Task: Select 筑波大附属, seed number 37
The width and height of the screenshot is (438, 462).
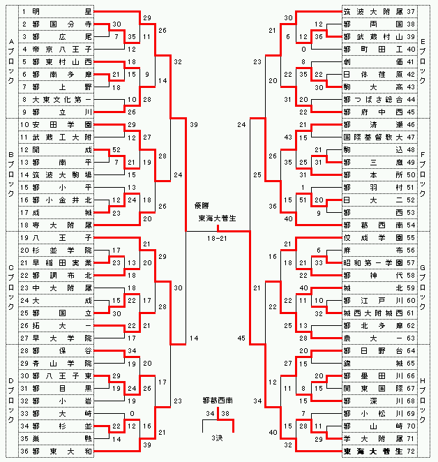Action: (375, 12)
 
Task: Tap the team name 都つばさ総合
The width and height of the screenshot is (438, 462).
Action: (375, 100)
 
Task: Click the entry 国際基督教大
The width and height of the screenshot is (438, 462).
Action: (375, 137)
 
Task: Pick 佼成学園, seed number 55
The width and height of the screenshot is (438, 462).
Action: (375, 238)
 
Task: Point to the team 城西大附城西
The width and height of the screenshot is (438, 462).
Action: (375, 312)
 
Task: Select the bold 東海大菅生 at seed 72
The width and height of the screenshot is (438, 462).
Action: (375, 452)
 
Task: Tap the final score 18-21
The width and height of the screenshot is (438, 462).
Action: (216, 238)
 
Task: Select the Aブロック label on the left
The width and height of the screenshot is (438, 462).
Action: (10, 63)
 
